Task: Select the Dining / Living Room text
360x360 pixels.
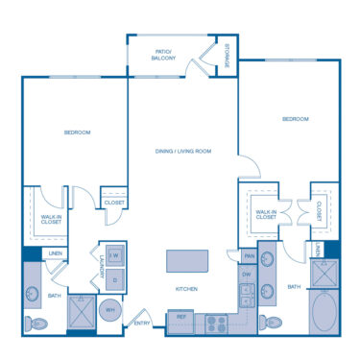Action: [183, 151]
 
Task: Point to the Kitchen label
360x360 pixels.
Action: [187, 289]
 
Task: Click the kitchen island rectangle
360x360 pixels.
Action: [187, 261]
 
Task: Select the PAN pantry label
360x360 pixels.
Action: [248, 255]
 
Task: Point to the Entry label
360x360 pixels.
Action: [142, 323]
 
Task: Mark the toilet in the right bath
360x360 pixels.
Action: [273, 323]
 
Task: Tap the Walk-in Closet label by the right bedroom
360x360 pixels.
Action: [265, 215]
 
